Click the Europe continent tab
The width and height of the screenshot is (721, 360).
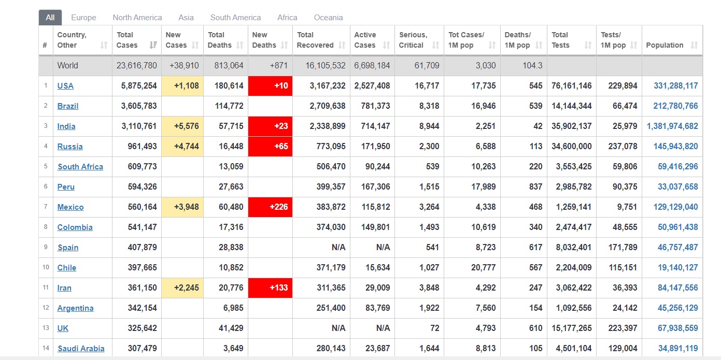[x=83, y=18]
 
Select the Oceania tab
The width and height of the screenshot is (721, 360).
[x=328, y=18]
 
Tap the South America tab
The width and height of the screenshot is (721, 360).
[x=235, y=18]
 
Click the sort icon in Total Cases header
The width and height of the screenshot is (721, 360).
[x=153, y=45]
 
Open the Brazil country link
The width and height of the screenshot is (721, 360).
[x=67, y=106]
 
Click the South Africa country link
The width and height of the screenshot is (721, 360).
[x=80, y=167]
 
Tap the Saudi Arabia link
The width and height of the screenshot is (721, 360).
[x=81, y=349]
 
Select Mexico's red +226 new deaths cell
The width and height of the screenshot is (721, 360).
[x=271, y=207]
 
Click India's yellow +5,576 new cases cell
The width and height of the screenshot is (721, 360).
[x=182, y=126]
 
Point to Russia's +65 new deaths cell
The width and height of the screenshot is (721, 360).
[x=271, y=147]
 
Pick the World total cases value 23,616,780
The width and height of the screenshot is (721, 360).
[x=136, y=66]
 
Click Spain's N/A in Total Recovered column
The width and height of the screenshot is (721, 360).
[x=338, y=248]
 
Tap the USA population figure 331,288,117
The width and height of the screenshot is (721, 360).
[x=675, y=86]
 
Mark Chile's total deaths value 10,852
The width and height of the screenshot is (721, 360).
[x=231, y=268]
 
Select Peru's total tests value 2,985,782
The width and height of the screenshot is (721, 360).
[x=574, y=187]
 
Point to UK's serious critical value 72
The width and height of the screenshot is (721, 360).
[x=434, y=328]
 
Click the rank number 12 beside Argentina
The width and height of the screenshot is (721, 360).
[x=46, y=308]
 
